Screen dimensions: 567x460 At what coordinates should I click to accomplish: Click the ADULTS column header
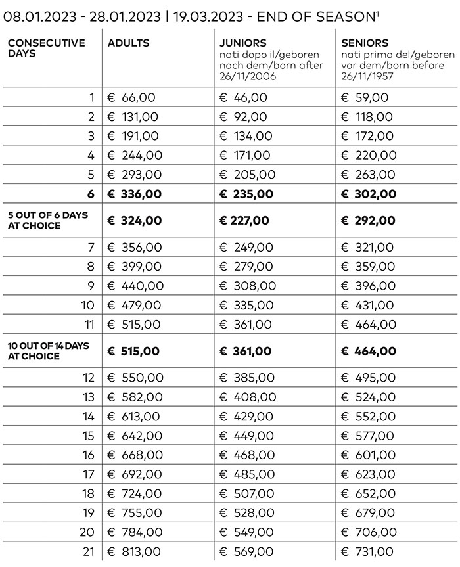pyautogui.click(x=129, y=43)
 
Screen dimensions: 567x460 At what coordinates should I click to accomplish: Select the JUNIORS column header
pyautogui.click(x=244, y=43)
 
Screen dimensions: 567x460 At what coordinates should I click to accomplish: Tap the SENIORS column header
pyautogui.click(x=365, y=43)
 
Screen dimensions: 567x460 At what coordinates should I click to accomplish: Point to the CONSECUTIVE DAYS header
pyautogui.click(x=47, y=48)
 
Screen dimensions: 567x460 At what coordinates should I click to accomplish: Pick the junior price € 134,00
pyautogui.click(x=246, y=136)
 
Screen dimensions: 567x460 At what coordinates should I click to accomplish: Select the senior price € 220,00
pyautogui.click(x=369, y=155)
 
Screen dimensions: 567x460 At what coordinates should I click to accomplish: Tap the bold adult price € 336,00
pyautogui.click(x=134, y=194)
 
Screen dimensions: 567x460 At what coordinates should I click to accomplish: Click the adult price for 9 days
pyautogui.click(x=135, y=286)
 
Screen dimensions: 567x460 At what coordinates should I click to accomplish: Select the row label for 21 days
pyautogui.click(x=89, y=551)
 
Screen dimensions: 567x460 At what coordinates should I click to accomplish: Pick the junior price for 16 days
pyautogui.click(x=247, y=455)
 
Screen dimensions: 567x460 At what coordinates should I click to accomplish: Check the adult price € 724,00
pyautogui.click(x=135, y=493)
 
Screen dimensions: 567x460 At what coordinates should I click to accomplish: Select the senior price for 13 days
pyautogui.click(x=369, y=397)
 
